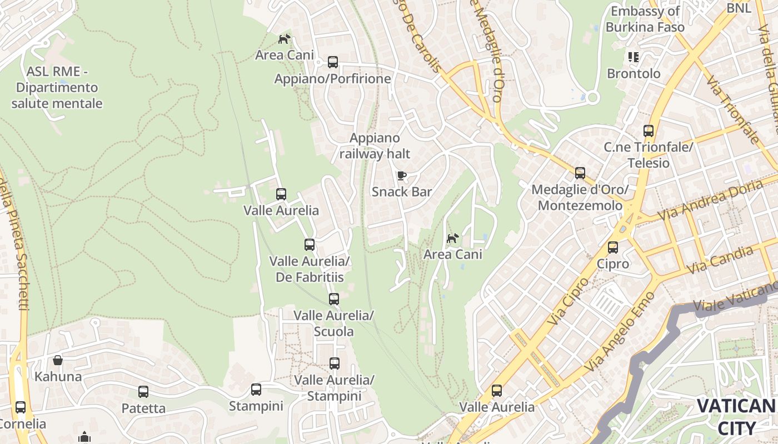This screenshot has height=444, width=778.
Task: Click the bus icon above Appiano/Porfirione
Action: point(333,62)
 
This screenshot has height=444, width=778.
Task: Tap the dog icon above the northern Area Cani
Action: point(284,39)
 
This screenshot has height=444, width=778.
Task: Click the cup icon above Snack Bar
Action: point(401,176)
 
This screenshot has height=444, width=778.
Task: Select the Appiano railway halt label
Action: point(375,145)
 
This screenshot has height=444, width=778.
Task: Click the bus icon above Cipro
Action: point(612,248)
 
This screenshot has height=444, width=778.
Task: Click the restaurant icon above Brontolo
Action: point(633,57)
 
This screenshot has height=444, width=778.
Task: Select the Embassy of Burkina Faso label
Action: point(645,19)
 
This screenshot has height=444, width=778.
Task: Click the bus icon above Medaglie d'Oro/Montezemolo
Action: point(580,173)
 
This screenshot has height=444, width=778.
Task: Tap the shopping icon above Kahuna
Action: point(58,360)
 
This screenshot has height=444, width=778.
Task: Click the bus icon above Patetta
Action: point(143,392)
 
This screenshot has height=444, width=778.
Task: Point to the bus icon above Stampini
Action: point(256,390)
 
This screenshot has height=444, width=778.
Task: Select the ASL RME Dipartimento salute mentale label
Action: point(57,87)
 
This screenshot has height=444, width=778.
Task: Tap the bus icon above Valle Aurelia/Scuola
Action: point(333,299)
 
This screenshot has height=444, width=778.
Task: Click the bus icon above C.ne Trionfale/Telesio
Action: point(648,131)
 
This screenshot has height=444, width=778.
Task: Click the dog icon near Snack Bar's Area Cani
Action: point(453,238)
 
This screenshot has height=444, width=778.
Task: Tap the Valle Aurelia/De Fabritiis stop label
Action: point(310,269)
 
